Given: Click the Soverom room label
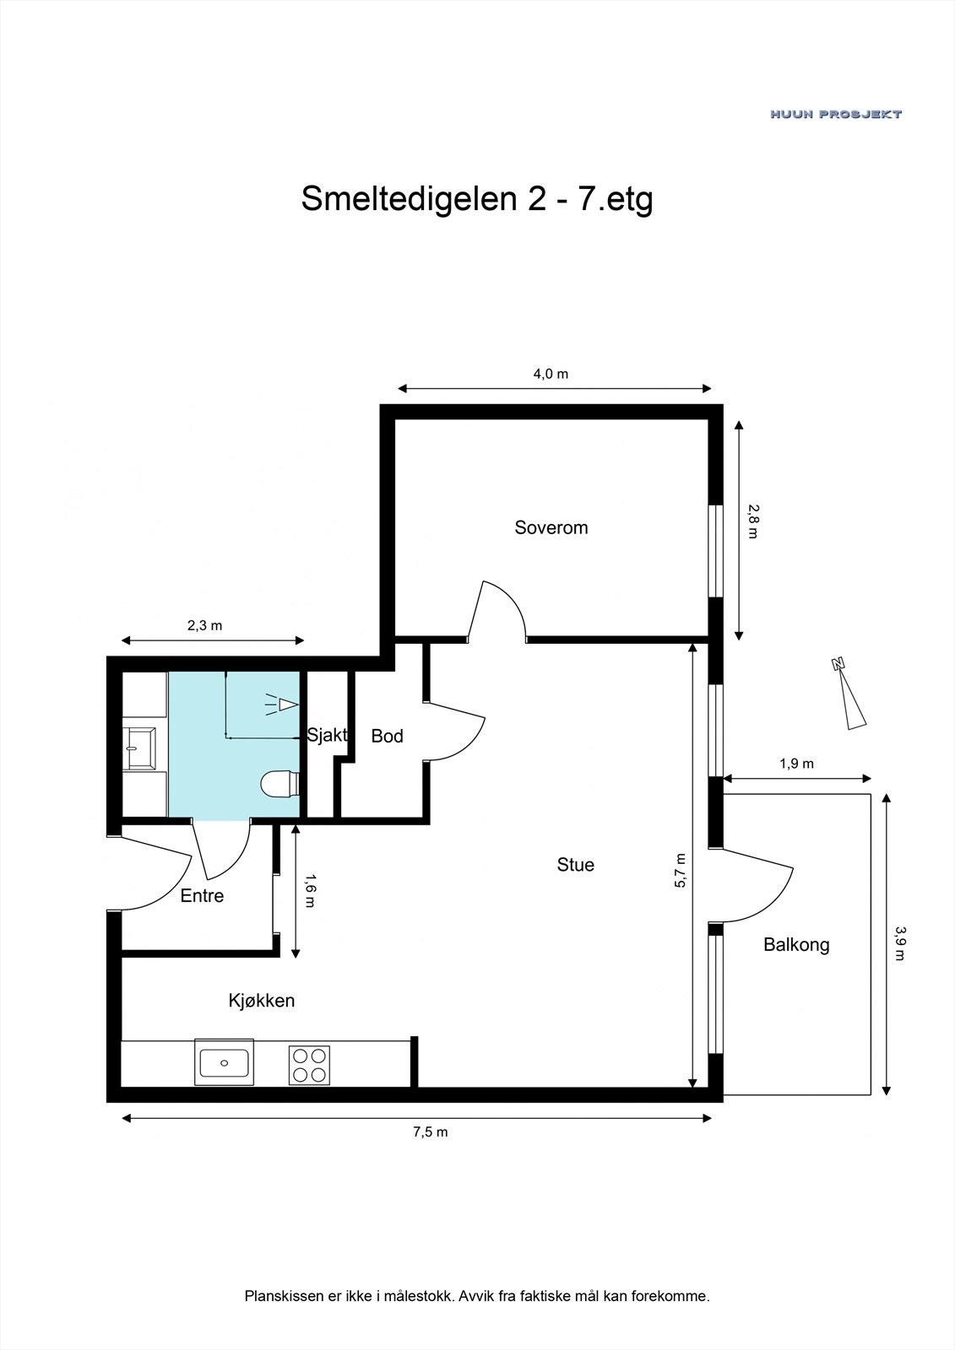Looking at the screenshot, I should [x=551, y=528].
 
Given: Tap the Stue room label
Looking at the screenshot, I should [x=576, y=865].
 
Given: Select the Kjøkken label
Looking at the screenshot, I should [x=262, y=1001].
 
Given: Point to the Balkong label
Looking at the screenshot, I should [x=796, y=945].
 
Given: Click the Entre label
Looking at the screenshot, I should [x=202, y=896].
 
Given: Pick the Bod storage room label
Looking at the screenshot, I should [x=388, y=737].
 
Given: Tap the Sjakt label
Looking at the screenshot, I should [x=327, y=735].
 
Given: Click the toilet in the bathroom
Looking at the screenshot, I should [x=280, y=784].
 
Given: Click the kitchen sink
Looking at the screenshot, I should [x=224, y=1061].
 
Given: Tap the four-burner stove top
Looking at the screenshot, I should [x=309, y=1064].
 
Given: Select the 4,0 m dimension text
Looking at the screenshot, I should [x=551, y=374].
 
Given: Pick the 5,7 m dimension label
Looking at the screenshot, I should [x=681, y=871].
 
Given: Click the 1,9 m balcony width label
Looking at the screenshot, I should [x=796, y=764].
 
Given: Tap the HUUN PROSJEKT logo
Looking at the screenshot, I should [x=835, y=114].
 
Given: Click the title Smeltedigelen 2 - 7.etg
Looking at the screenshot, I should [x=477, y=200].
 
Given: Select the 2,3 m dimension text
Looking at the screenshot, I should [x=204, y=625].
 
